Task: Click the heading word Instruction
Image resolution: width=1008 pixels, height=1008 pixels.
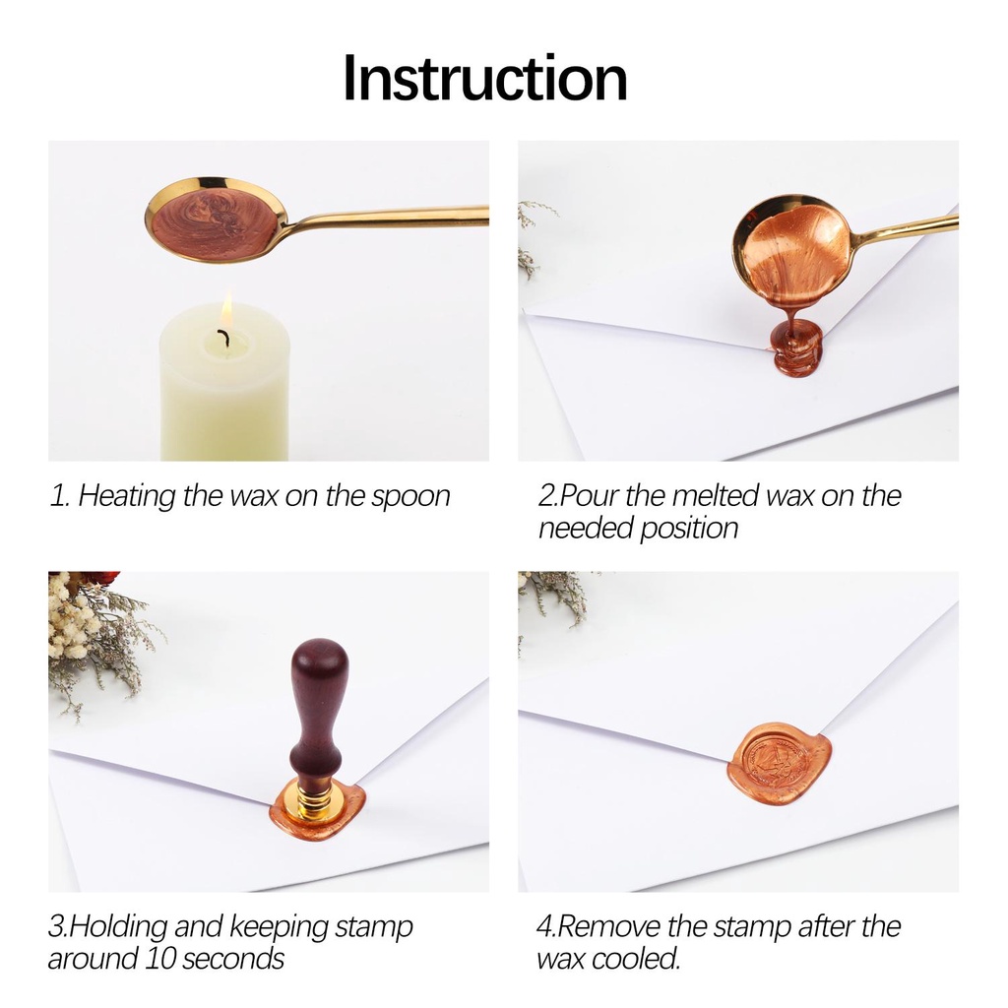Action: (485, 79)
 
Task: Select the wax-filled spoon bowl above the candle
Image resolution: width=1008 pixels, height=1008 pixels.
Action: (216, 219)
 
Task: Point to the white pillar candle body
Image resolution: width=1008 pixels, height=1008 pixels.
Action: (224, 386)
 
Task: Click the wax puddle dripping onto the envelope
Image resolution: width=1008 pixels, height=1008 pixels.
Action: (797, 349)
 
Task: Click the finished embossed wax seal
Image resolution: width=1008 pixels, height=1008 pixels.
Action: (779, 764)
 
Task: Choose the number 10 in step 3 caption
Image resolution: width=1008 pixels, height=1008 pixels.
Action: (159, 959)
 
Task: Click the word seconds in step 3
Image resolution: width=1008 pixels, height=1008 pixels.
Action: (232, 959)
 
